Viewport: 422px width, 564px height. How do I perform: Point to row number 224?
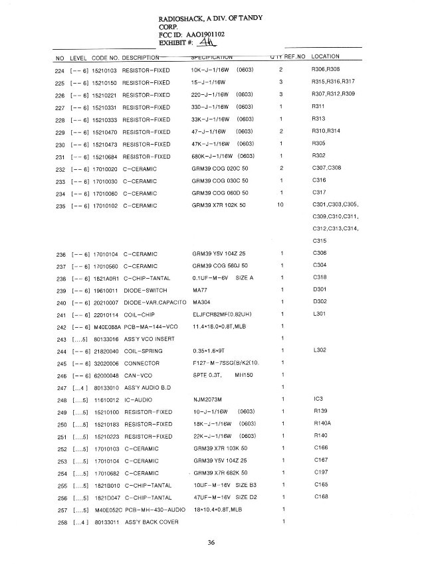point(58,70)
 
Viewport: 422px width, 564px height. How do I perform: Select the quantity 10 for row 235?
point(280,205)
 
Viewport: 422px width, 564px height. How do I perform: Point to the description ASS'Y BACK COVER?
point(151,522)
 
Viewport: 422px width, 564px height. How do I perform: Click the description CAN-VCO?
point(140,375)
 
